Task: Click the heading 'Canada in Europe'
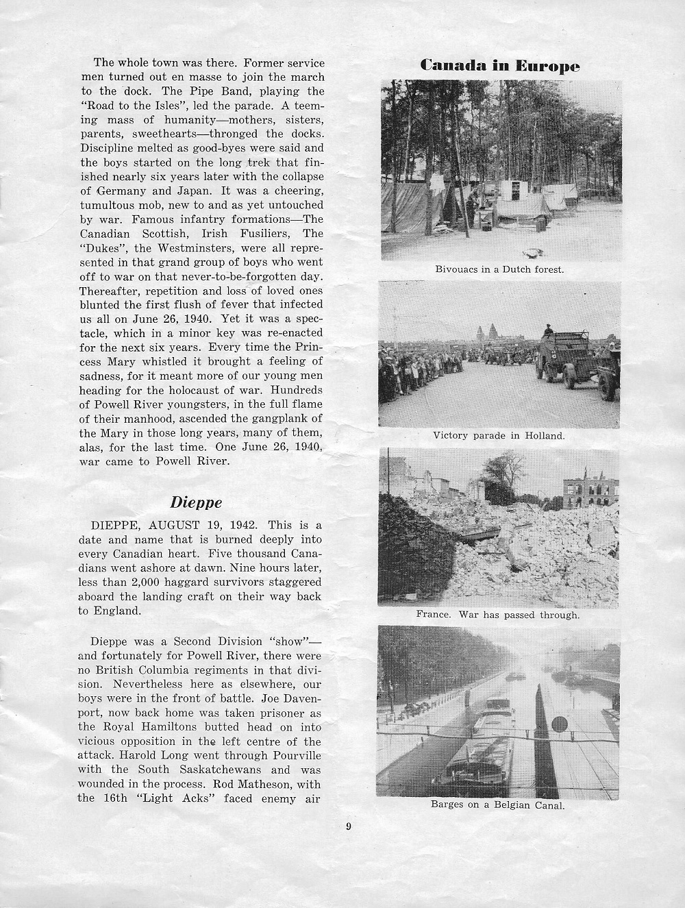[500, 66]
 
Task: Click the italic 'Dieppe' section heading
[196, 502]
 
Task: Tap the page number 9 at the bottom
[349, 826]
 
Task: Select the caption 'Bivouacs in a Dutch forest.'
[499, 269]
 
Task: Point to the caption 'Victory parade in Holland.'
[499, 435]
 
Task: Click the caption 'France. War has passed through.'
[498, 615]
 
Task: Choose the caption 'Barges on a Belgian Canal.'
[498, 805]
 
